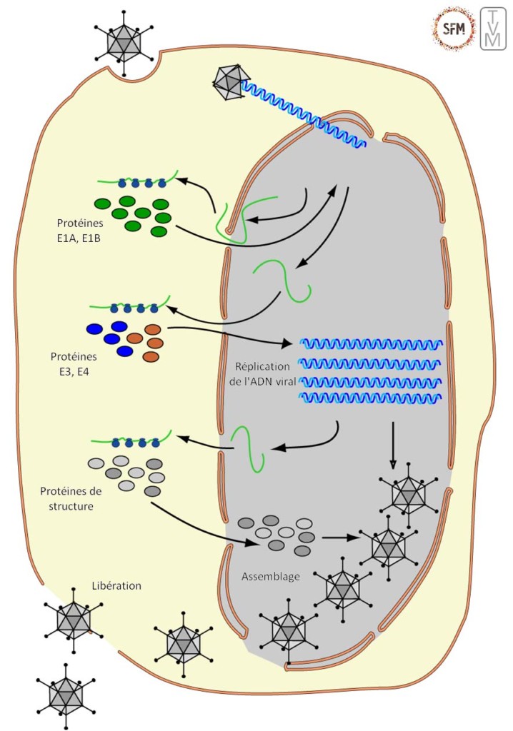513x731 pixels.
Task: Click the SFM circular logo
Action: coord(453,29)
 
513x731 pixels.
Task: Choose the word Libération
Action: coord(116,585)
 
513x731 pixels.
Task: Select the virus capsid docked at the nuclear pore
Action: coord(230,83)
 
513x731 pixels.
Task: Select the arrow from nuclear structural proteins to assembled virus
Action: coord(339,537)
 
